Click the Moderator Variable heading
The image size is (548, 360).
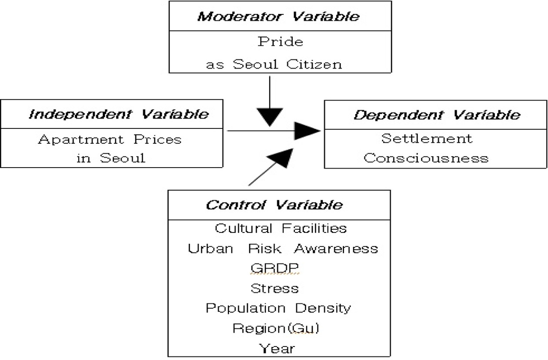pos(279,17)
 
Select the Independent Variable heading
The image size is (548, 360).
pos(118,114)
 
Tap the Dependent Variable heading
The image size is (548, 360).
pos(437,115)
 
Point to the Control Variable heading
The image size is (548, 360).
pos(274,205)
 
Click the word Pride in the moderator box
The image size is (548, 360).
pos(281,42)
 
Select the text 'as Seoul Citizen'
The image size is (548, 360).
pos(274,64)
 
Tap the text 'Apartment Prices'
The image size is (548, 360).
pos(110,140)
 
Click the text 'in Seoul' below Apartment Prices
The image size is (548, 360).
pos(110,158)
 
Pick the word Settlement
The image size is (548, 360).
pos(427,138)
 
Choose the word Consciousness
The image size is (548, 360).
pos(426,158)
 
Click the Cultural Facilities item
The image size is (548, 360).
pos(281,228)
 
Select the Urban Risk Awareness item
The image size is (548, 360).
pos(283,249)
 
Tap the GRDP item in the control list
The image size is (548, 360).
pos(275,269)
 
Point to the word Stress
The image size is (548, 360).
pos(275,288)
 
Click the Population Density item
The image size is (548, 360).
pos(278,308)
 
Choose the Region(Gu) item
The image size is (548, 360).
pos(276,328)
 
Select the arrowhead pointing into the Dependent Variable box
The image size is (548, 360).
pos(307,131)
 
